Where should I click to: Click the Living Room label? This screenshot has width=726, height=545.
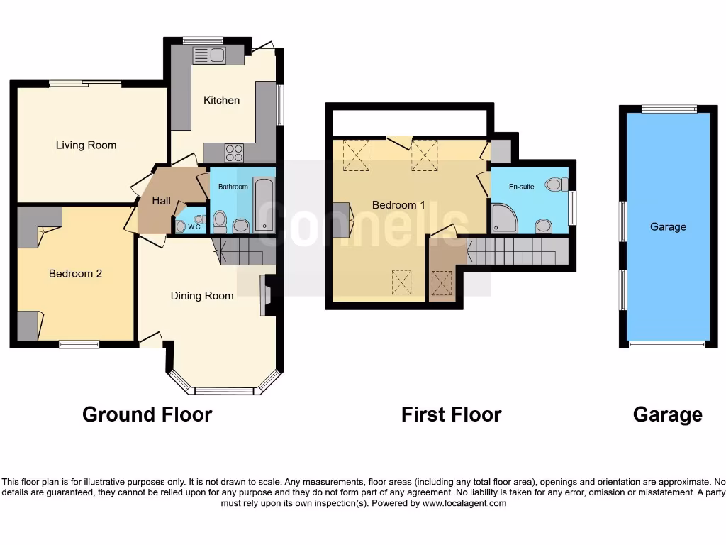click(x=86, y=145)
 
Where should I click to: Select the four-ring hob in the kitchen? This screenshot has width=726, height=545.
click(x=234, y=153)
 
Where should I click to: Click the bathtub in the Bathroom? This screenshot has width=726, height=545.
click(x=264, y=206)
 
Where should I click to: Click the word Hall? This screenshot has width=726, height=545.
click(x=161, y=202)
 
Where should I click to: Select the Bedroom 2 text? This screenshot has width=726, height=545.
click(x=75, y=273)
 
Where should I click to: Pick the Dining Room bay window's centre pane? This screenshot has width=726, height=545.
click(x=224, y=391)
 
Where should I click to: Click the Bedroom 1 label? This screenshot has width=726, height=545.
click(x=398, y=205)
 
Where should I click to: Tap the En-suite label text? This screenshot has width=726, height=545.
click(x=521, y=187)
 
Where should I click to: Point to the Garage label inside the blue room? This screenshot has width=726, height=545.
click(x=668, y=227)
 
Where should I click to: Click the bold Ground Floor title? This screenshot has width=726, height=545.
click(x=147, y=414)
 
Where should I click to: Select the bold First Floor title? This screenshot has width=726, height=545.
click(x=451, y=414)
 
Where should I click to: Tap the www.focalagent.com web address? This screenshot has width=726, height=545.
click(x=464, y=503)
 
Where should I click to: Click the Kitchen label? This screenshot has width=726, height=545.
click(x=221, y=100)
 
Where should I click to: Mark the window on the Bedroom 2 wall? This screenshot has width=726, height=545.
click(x=79, y=345)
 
